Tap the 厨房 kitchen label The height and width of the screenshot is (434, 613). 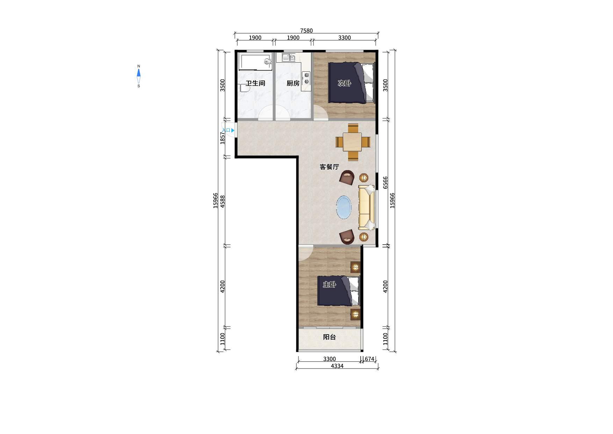293,83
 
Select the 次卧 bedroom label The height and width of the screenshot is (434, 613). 344,83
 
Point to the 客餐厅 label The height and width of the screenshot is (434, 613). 329,167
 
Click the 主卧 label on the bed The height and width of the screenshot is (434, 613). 329,285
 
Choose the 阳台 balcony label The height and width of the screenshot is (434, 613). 329,337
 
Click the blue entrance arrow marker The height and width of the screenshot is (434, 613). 233,130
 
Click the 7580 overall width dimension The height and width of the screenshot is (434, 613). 306,30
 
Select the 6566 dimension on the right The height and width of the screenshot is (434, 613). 385,182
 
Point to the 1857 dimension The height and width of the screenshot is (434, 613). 223,138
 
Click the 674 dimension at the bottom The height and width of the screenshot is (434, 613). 369,359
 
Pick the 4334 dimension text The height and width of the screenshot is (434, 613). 337,366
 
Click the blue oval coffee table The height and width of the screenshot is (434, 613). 344,207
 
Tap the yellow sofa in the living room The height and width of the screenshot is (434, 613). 367,208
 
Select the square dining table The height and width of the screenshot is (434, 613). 352,142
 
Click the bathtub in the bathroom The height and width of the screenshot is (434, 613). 255,62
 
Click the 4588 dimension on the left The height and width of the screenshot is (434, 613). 223,202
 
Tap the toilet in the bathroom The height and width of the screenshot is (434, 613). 244,87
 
